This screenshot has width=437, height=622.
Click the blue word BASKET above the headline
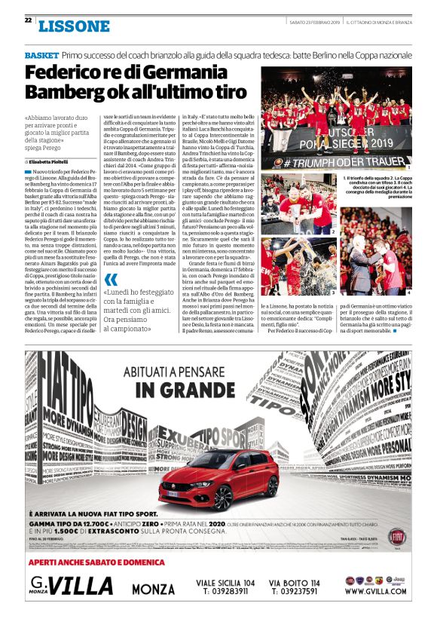(41, 57)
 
